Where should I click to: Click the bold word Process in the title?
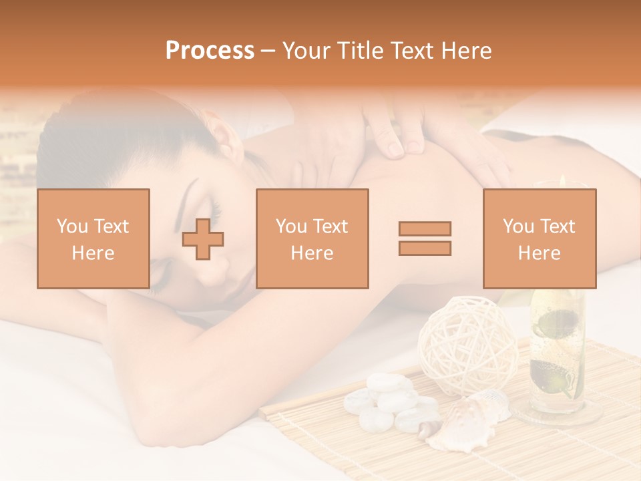tap(210, 51)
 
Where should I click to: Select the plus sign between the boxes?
tap(203, 239)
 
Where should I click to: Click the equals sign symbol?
tap(425, 238)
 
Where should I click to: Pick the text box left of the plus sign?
tap(93, 238)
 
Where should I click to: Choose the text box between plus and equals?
tap(312, 238)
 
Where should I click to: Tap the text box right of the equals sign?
tap(539, 238)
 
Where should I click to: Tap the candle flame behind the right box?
tap(564, 180)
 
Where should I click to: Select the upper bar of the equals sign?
tap(425, 228)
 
